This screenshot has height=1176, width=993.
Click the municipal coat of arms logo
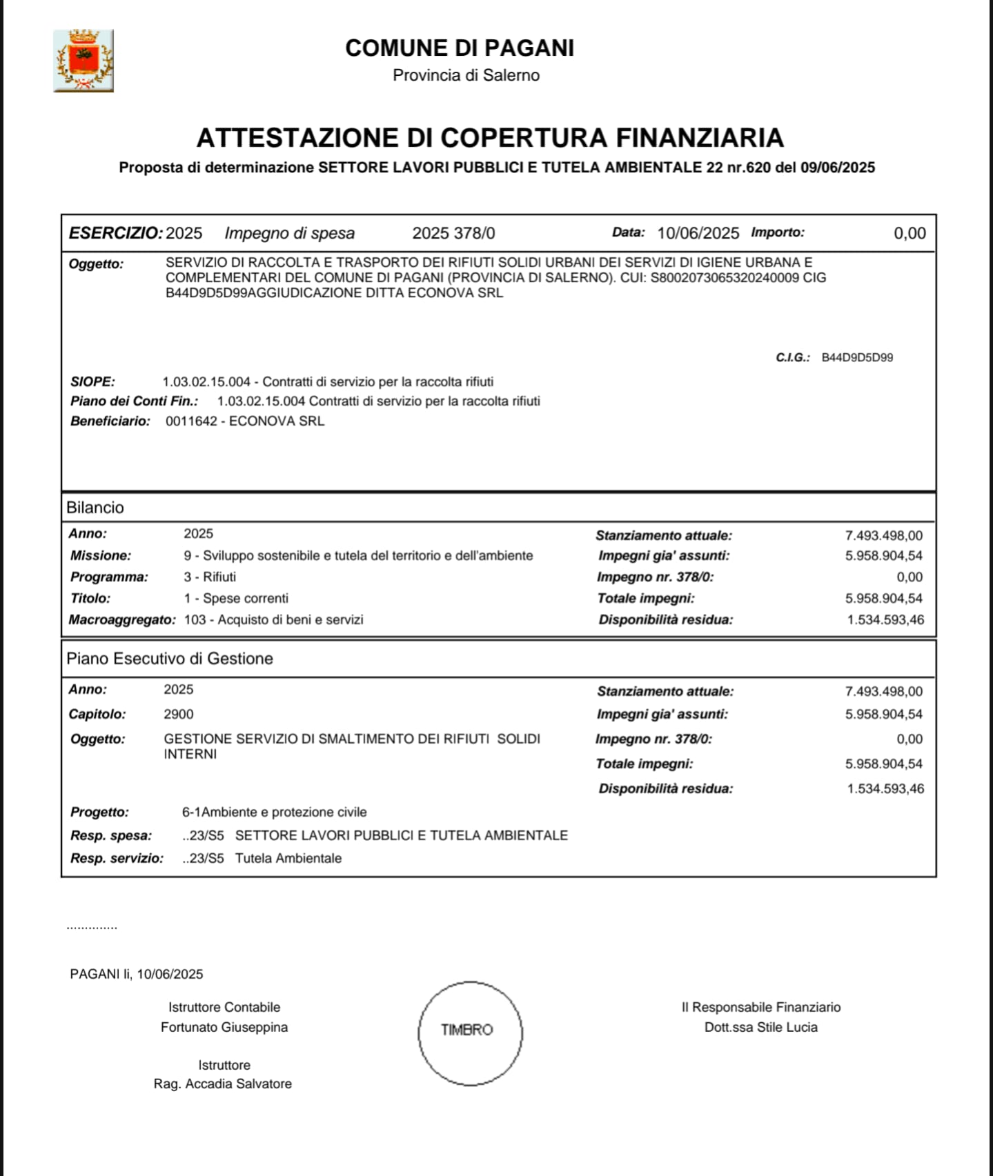(83, 61)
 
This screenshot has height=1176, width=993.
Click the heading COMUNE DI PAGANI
(460, 48)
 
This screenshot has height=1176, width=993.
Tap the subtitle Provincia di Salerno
(466, 75)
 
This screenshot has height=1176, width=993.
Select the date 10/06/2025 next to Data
(698, 233)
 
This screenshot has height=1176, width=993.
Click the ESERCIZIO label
(115, 233)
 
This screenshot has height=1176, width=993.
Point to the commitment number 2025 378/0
(453, 233)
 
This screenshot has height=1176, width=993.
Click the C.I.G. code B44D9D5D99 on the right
(857, 357)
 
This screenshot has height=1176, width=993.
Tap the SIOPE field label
(92, 381)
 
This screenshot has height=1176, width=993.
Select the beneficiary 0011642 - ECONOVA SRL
(245, 421)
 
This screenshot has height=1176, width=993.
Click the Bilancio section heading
(95, 508)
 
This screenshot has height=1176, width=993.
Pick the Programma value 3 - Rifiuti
(210, 577)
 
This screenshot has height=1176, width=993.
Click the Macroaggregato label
(122, 619)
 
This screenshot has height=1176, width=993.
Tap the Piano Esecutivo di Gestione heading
(170, 659)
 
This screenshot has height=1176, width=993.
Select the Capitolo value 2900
(179, 714)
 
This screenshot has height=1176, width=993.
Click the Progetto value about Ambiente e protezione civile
(275, 812)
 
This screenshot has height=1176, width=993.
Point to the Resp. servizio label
(117, 858)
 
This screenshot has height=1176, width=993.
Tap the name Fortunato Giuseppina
(224, 1027)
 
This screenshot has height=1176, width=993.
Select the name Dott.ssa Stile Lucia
(760, 1027)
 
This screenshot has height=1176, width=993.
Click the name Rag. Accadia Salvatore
(223, 1084)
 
